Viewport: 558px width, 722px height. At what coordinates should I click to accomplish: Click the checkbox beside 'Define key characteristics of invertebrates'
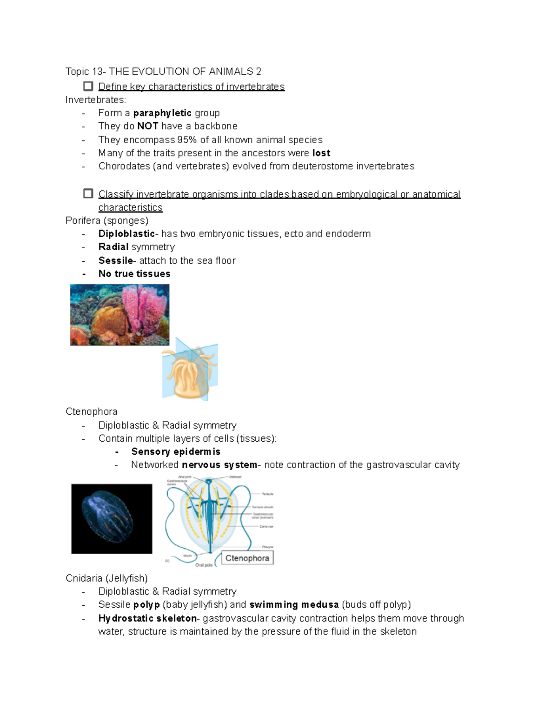pyautogui.click(x=88, y=86)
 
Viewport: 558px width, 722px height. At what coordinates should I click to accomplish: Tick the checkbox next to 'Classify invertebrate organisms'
pyautogui.click(x=88, y=193)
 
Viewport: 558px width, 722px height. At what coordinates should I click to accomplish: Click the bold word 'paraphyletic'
pyautogui.click(x=162, y=113)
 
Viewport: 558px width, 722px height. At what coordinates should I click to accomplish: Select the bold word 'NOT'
pyautogui.click(x=147, y=126)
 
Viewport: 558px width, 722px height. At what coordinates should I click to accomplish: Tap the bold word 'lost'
pyautogui.click(x=321, y=153)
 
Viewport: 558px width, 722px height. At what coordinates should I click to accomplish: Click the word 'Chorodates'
pyautogui.click(x=124, y=166)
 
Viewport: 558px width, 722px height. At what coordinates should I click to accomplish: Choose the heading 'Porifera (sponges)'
pyautogui.click(x=107, y=220)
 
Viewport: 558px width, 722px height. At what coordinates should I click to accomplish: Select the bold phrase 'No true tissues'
pyautogui.click(x=134, y=274)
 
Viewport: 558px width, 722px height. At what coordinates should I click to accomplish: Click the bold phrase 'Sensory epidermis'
pyautogui.click(x=175, y=451)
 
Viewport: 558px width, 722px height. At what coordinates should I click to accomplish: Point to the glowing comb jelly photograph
pyautogui.click(x=112, y=518)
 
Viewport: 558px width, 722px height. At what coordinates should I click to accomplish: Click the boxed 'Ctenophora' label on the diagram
pyautogui.click(x=247, y=558)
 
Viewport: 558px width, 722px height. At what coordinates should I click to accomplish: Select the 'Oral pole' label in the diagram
pyautogui.click(x=204, y=565)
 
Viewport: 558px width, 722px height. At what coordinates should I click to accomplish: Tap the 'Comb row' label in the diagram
pyautogui.click(x=266, y=527)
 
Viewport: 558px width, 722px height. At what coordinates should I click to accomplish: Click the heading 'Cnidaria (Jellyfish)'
pyautogui.click(x=106, y=578)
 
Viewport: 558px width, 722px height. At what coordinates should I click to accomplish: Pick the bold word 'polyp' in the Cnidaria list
pyautogui.click(x=146, y=604)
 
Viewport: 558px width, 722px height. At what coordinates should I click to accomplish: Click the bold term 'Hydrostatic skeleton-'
pyautogui.click(x=147, y=618)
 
